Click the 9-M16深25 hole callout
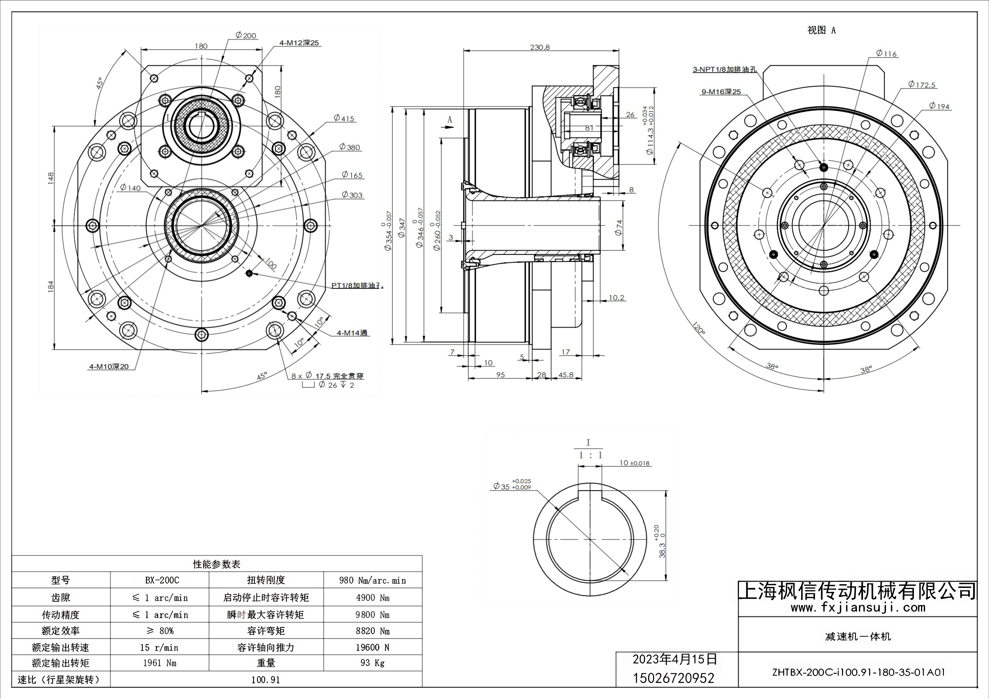point(721,92)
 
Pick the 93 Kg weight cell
point(372,663)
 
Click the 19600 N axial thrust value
point(372,647)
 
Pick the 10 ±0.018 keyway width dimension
point(634,463)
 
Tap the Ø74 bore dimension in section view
point(619,227)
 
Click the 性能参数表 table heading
point(217,564)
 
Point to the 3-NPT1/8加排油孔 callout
point(724,69)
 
